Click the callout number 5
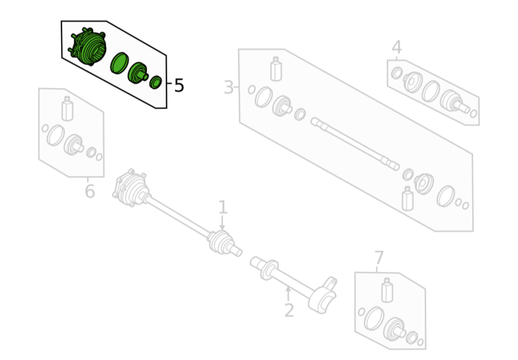tap(179, 85)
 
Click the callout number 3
tap(229, 87)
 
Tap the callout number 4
tap(397, 47)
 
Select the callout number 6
tap(90, 191)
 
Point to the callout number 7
tap(379, 257)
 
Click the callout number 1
tap(223, 207)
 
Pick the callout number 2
tap(289, 311)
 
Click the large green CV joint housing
tap(88, 47)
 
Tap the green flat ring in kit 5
tap(119, 63)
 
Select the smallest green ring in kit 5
tap(155, 82)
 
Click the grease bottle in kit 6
tap(67, 109)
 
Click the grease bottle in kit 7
tap(387, 290)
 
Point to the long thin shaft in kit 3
tap(355, 144)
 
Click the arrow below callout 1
tap(223, 223)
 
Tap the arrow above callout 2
tap(288, 294)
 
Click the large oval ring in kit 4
tap(431, 91)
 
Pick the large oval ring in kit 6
tap(55, 135)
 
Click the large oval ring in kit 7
tap(375, 319)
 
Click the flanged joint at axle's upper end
tap(130, 187)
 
